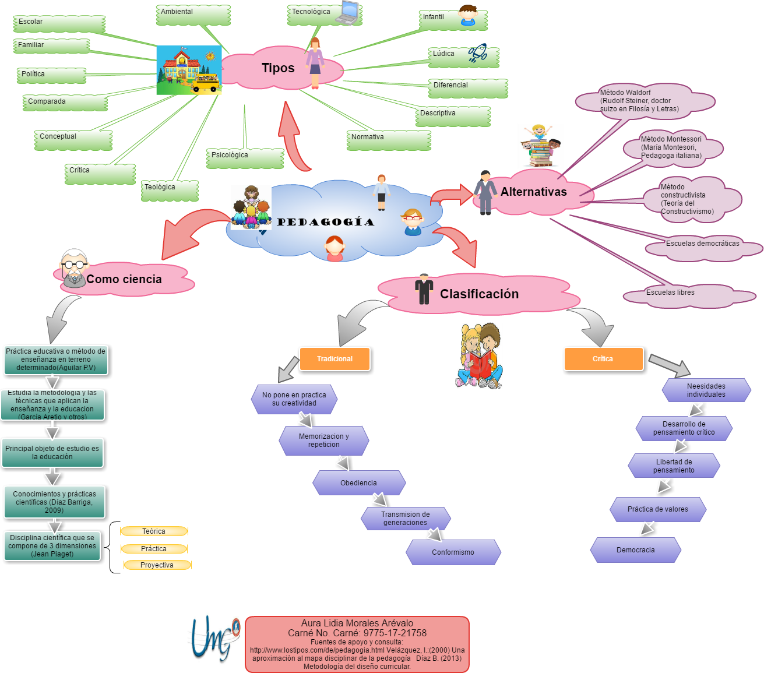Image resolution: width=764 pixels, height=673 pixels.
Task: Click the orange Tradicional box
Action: pyautogui.click(x=335, y=359)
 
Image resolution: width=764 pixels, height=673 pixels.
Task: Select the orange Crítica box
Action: pyautogui.click(x=603, y=359)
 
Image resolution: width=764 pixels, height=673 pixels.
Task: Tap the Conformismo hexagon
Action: pyautogui.click(x=453, y=552)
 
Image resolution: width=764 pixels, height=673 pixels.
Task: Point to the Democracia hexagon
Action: pyautogui.click(x=635, y=550)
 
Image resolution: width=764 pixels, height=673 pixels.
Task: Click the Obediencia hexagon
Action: pyautogui.click(x=358, y=483)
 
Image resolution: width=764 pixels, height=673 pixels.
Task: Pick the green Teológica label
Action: pyautogui.click(x=170, y=190)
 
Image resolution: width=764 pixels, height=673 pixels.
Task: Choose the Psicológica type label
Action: pyautogui.click(x=244, y=158)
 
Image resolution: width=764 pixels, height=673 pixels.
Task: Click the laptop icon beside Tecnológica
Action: pyautogui.click(x=348, y=12)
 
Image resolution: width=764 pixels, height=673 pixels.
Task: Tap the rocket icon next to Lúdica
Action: pyautogui.click(x=478, y=53)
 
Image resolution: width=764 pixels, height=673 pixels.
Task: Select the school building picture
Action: pyautogui.click(x=189, y=70)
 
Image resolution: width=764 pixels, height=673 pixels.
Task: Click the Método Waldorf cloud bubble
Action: pyautogui.click(x=644, y=101)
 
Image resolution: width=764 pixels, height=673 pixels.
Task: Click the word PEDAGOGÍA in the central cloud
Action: pyautogui.click(x=325, y=222)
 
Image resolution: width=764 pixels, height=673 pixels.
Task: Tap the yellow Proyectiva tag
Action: pyautogui.click(x=157, y=565)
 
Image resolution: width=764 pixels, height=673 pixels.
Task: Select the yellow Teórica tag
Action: pyautogui.click(x=154, y=531)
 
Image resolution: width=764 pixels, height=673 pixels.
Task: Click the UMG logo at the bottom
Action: pyautogui.click(x=214, y=636)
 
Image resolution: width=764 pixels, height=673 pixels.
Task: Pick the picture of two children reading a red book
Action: pyautogui.click(x=479, y=355)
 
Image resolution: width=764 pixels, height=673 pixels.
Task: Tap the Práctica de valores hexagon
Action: pyautogui.click(x=657, y=509)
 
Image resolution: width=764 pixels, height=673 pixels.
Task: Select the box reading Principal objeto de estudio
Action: pyautogui.click(x=52, y=453)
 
